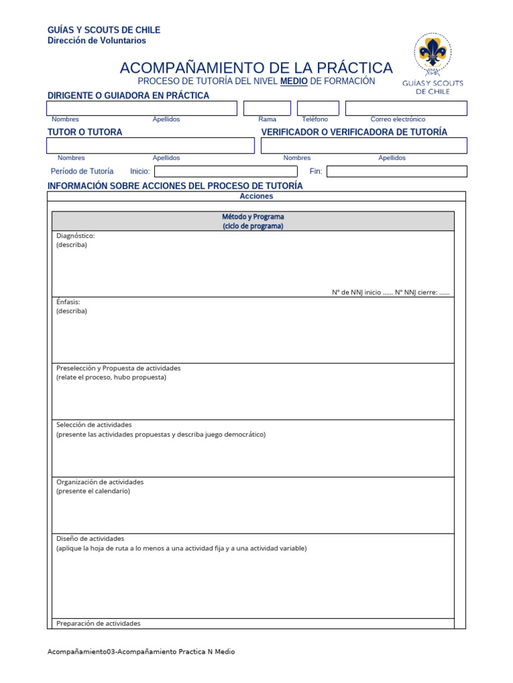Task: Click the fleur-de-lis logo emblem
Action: click(432, 53)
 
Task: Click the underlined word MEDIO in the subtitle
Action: click(294, 81)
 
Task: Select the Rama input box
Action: click(267, 108)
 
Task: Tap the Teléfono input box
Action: click(318, 108)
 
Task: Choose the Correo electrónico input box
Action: click(405, 108)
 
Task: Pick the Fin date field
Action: click(396, 171)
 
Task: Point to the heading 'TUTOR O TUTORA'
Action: click(85, 132)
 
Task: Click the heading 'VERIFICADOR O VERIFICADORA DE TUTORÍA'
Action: click(354, 132)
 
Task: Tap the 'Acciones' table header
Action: click(256, 197)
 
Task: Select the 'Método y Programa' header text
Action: click(253, 217)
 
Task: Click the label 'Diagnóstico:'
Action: click(75, 235)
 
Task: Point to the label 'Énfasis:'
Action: click(68, 301)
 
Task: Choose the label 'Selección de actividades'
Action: click(94, 425)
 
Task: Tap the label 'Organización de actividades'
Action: click(100, 482)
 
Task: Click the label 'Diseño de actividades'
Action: click(90, 538)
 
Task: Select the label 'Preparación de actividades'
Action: click(98, 624)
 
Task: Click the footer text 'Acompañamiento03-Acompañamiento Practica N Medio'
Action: click(141, 652)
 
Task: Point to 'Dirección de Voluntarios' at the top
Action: click(96, 41)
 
